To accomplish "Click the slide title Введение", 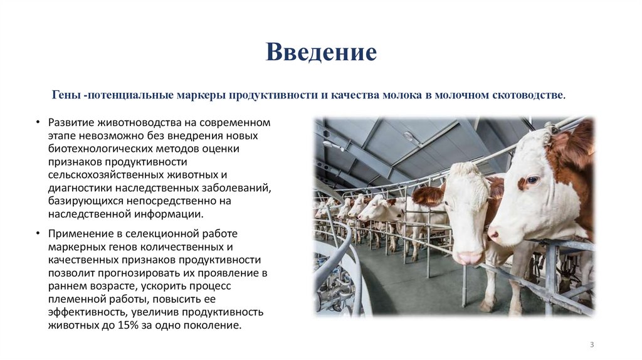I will point(321,52).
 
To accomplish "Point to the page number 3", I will point(592,345).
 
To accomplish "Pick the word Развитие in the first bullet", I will point(69,122).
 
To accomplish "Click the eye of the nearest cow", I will point(532,180).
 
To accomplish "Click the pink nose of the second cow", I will point(467,257).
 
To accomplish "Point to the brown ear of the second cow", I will point(429,196).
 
